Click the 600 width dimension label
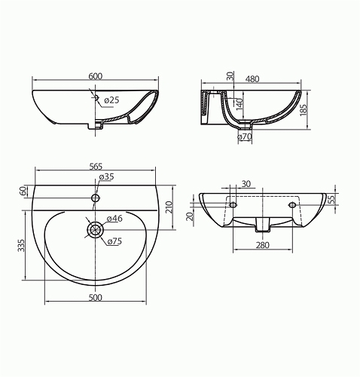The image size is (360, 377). [x=96, y=76]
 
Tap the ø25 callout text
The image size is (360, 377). [x=111, y=100]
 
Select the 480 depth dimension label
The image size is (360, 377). [x=252, y=79]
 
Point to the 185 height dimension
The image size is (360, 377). [x=304, y=109]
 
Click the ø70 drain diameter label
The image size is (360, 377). [x=245, y=136]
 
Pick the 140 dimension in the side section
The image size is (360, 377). [x=239, y=105]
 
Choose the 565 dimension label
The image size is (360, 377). [x=96, y=166]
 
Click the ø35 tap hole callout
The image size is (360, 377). [x=107, y=177]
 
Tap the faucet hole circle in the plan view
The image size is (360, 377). [x=96, y=198]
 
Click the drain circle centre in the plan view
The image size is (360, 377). [x=96, y=229]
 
